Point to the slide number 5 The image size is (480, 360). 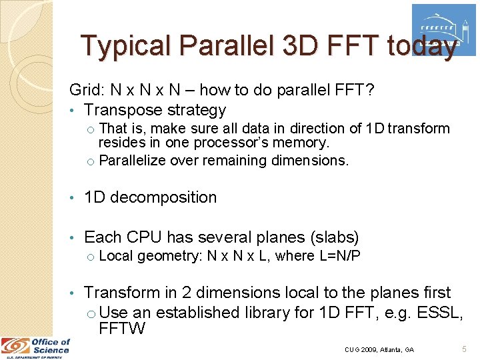coord(464,349)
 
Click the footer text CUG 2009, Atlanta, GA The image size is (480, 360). coord(379,349)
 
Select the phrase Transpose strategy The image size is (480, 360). coord(155,110)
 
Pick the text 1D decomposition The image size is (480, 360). coord(150,197)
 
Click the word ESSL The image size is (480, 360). coord(439,312)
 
